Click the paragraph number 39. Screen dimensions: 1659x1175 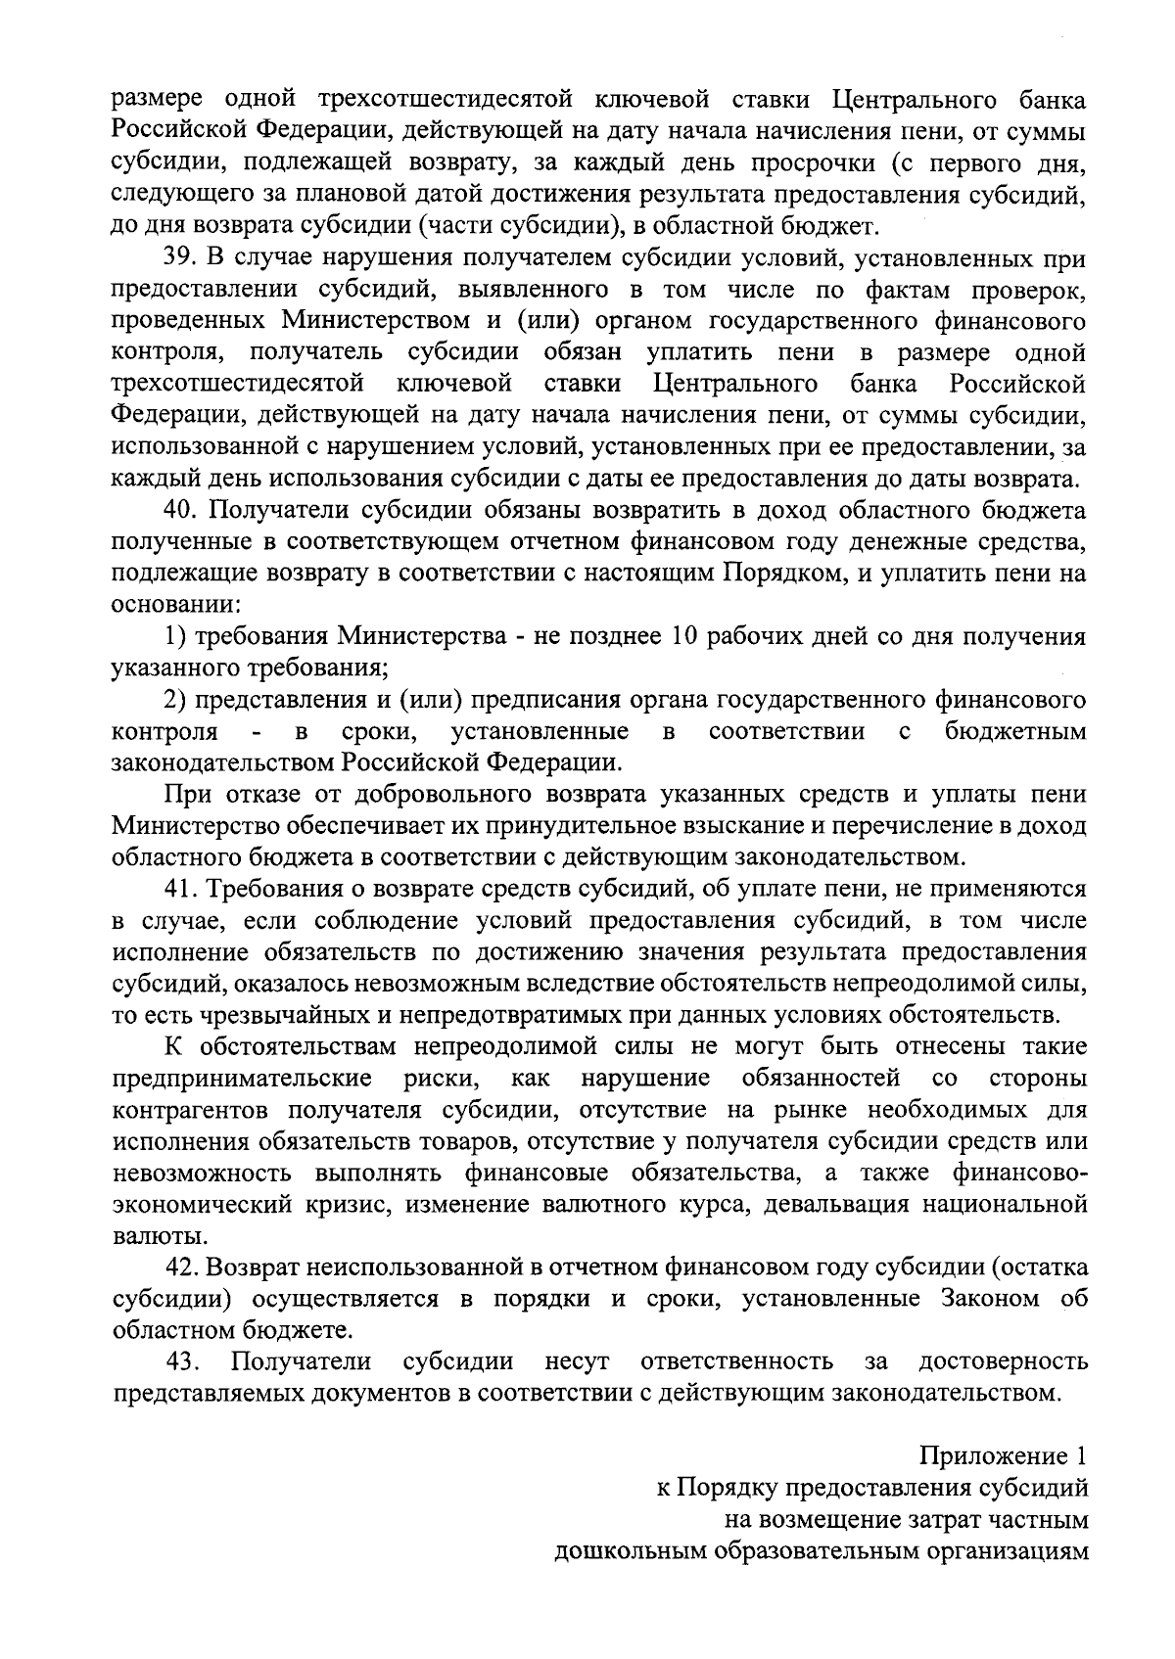coord(179,258)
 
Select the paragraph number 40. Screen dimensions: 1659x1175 coord(180,511)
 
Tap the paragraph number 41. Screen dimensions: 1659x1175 coord(180,890)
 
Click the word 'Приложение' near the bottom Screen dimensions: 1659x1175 coord(990,1457)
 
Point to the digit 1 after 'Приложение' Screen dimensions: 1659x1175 coord(1080,1457)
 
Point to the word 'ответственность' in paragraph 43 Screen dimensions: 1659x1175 coord(736,1361)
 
